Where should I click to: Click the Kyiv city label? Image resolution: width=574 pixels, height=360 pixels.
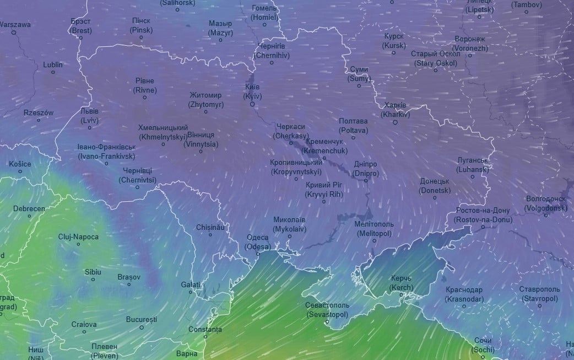pyautogui.click(x=252, y=92)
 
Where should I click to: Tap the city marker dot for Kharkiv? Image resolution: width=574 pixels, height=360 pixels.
pyautogui.click(x=395, y=122)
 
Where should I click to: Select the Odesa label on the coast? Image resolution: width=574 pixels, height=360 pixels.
pyautogui.click(x=257, y=242)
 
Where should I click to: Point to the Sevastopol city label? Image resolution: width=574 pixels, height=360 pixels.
pyautogui.click(x=327, y=310)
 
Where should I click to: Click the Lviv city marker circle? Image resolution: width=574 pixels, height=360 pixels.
pyautogui.click(x=89, y=128)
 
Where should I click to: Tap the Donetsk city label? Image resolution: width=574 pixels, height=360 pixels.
pyautogui.click(x=435, y=186)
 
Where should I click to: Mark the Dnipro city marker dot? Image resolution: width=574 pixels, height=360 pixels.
pyautogui.click(x=366, y=181)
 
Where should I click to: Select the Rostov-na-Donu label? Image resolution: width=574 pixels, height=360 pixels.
pyautogui.click(x=483, y=215)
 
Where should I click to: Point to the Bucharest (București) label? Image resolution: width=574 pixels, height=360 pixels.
pyautogui.click(x=142, y=319)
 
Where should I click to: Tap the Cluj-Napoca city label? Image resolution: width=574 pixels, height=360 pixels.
pyautogui.click(x=79, y=237)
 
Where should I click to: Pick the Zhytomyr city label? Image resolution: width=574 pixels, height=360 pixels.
pyautogui.click(x=205, y=100)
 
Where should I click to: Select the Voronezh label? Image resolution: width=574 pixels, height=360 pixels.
pyautogui.click(x=470, y=44)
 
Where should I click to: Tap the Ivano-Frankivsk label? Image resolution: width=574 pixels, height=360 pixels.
pyautogui.click(x=106, y=152)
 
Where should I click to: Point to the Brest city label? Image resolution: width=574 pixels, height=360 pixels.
pyautogui.click(x=81, y=25)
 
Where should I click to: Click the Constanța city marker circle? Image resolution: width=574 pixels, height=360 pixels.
pyautogui.click(x=205, y=336)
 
